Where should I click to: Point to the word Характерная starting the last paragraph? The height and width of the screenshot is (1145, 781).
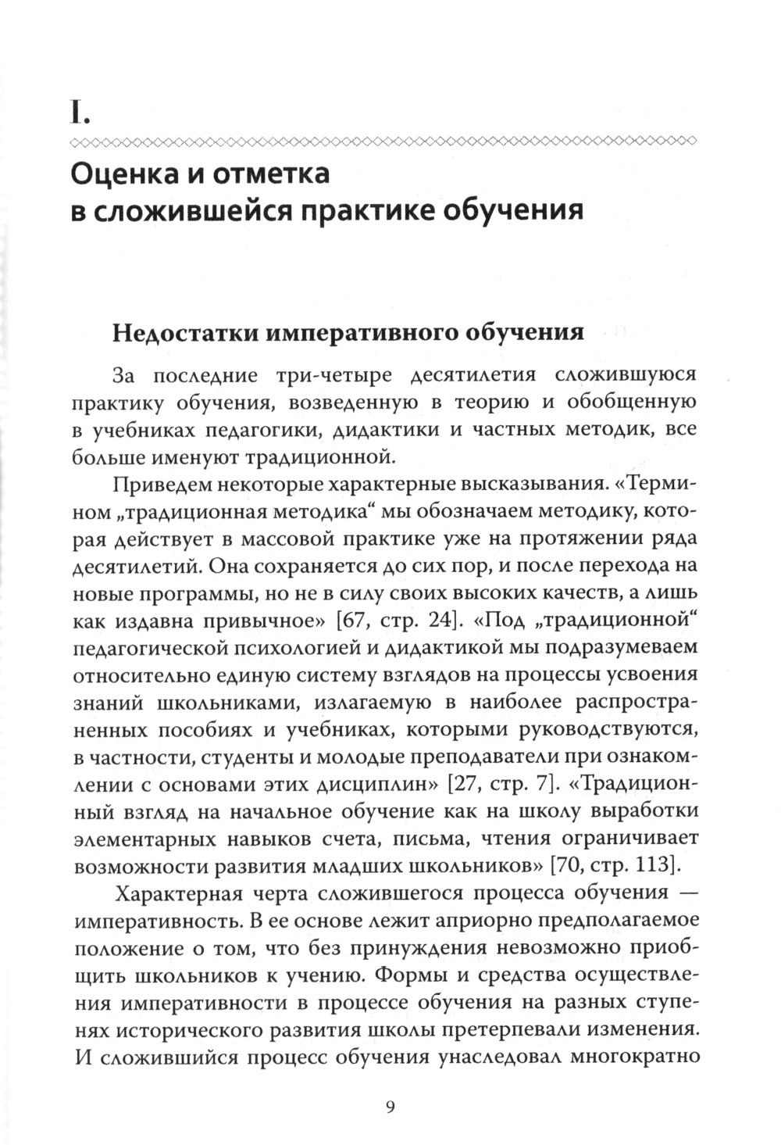177,893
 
